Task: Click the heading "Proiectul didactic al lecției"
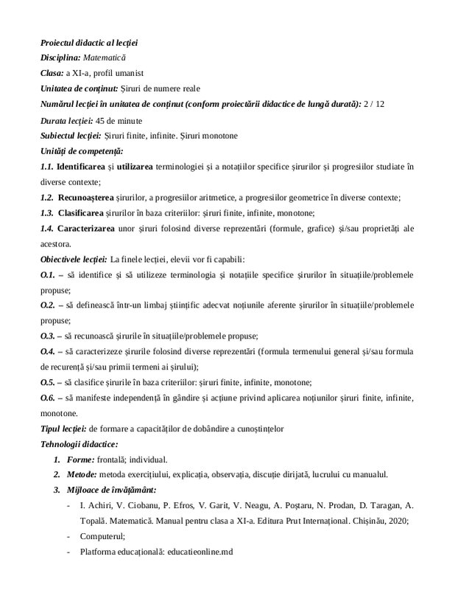coord(88,43)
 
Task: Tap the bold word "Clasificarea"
coord(85,213)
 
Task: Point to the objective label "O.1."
coord(48,275)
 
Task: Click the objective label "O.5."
coord(48,382)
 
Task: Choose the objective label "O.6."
coord(48,398)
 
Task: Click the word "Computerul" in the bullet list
coord(103,536)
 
